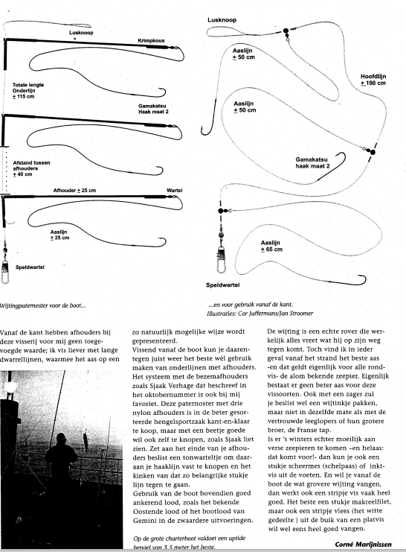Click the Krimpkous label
coord(151,40)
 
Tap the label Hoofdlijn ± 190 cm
coord(373,80)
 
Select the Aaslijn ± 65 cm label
coord(271,246)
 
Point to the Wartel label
coord(174,191)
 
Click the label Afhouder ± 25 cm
coord(74,191)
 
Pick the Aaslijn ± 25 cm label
coord(59,235)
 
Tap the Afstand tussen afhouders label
coord(32,168)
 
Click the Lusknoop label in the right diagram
coord(222,20)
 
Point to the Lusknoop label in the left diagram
coord(81,33)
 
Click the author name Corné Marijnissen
coord(363,545)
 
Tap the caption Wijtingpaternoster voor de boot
coord(42,305)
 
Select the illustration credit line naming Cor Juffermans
coord(260,313)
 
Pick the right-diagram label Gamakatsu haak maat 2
coord(312,162)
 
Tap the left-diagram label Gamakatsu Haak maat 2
coord(153,109)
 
